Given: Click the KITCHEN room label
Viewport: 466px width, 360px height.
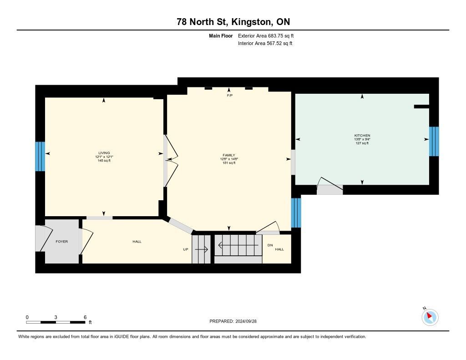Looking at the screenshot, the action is point(362,136).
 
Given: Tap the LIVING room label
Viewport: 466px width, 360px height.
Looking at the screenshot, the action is point(104,153).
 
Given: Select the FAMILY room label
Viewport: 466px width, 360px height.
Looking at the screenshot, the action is point(229,155).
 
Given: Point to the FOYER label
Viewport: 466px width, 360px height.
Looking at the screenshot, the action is point(62,242).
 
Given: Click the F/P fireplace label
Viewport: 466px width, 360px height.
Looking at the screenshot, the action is point(230,96).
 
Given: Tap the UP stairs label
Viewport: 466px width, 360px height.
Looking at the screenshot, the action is point(186,249).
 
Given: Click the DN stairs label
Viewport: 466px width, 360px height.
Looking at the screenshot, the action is point(270,245).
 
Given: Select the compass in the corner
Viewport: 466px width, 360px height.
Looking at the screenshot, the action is point(430,317).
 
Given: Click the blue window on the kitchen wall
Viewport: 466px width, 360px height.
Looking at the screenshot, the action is point(434,142).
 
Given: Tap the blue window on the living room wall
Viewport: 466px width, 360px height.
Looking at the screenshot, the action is point(40,157).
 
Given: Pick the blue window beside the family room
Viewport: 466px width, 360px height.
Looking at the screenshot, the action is point(296,213).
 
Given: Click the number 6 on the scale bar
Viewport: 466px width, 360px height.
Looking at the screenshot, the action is point(85,317).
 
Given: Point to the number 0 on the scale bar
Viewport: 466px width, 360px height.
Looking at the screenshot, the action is point(27,317).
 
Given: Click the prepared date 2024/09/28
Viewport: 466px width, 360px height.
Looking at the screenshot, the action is point(246,321).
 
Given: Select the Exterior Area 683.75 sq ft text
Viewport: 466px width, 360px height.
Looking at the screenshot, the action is point(266,35).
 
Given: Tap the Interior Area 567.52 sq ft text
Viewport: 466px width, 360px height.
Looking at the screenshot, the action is point(265,43).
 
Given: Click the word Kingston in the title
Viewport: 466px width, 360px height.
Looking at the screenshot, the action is point(251,22).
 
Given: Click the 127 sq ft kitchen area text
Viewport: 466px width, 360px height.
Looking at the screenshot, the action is point(362,143).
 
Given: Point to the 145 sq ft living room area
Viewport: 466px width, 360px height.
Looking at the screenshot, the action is point(104,161).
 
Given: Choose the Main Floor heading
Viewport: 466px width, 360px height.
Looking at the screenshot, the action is point(221,36).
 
